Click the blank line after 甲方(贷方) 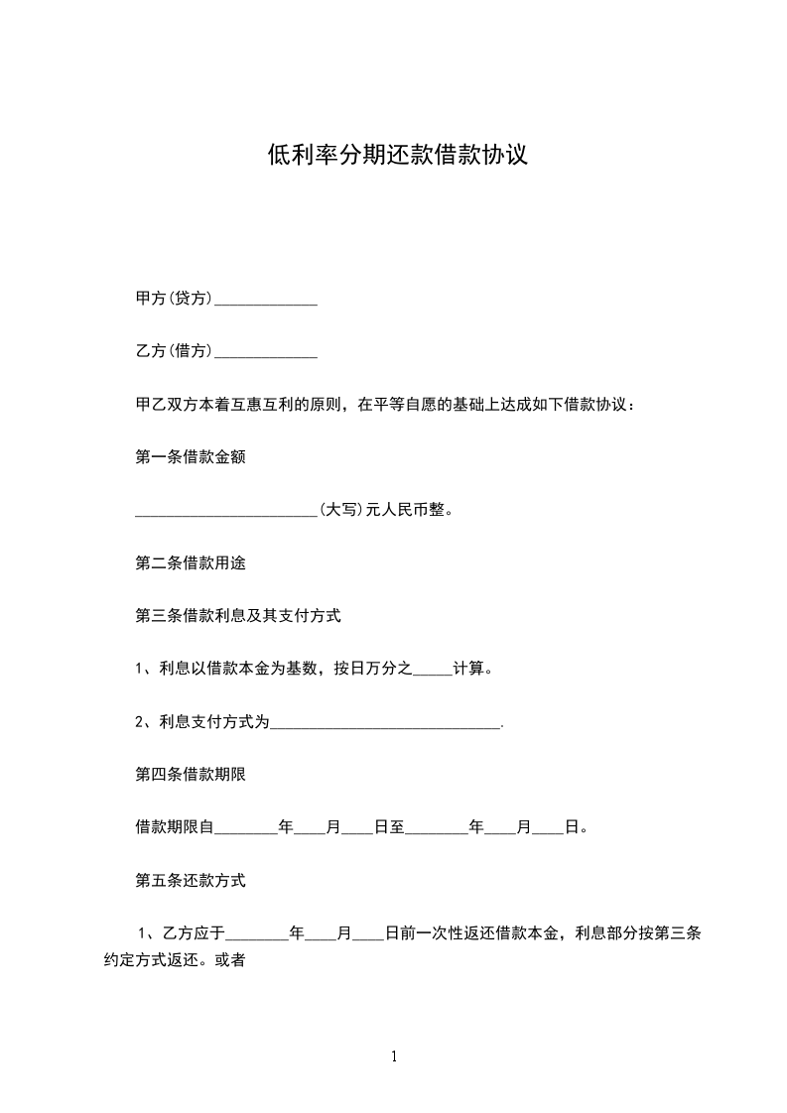tap(266, 299)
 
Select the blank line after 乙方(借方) tap(266, 351)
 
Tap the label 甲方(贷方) tap(174, 299)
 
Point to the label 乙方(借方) tap(174, 351)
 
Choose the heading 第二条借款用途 tap(190, 563)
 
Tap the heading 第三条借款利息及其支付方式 tap(237, 616)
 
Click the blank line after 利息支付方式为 tap(386, 723)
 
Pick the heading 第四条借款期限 tap(190, 775)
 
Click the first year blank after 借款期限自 tap(246, 828)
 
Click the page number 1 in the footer tap(394, 1057)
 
